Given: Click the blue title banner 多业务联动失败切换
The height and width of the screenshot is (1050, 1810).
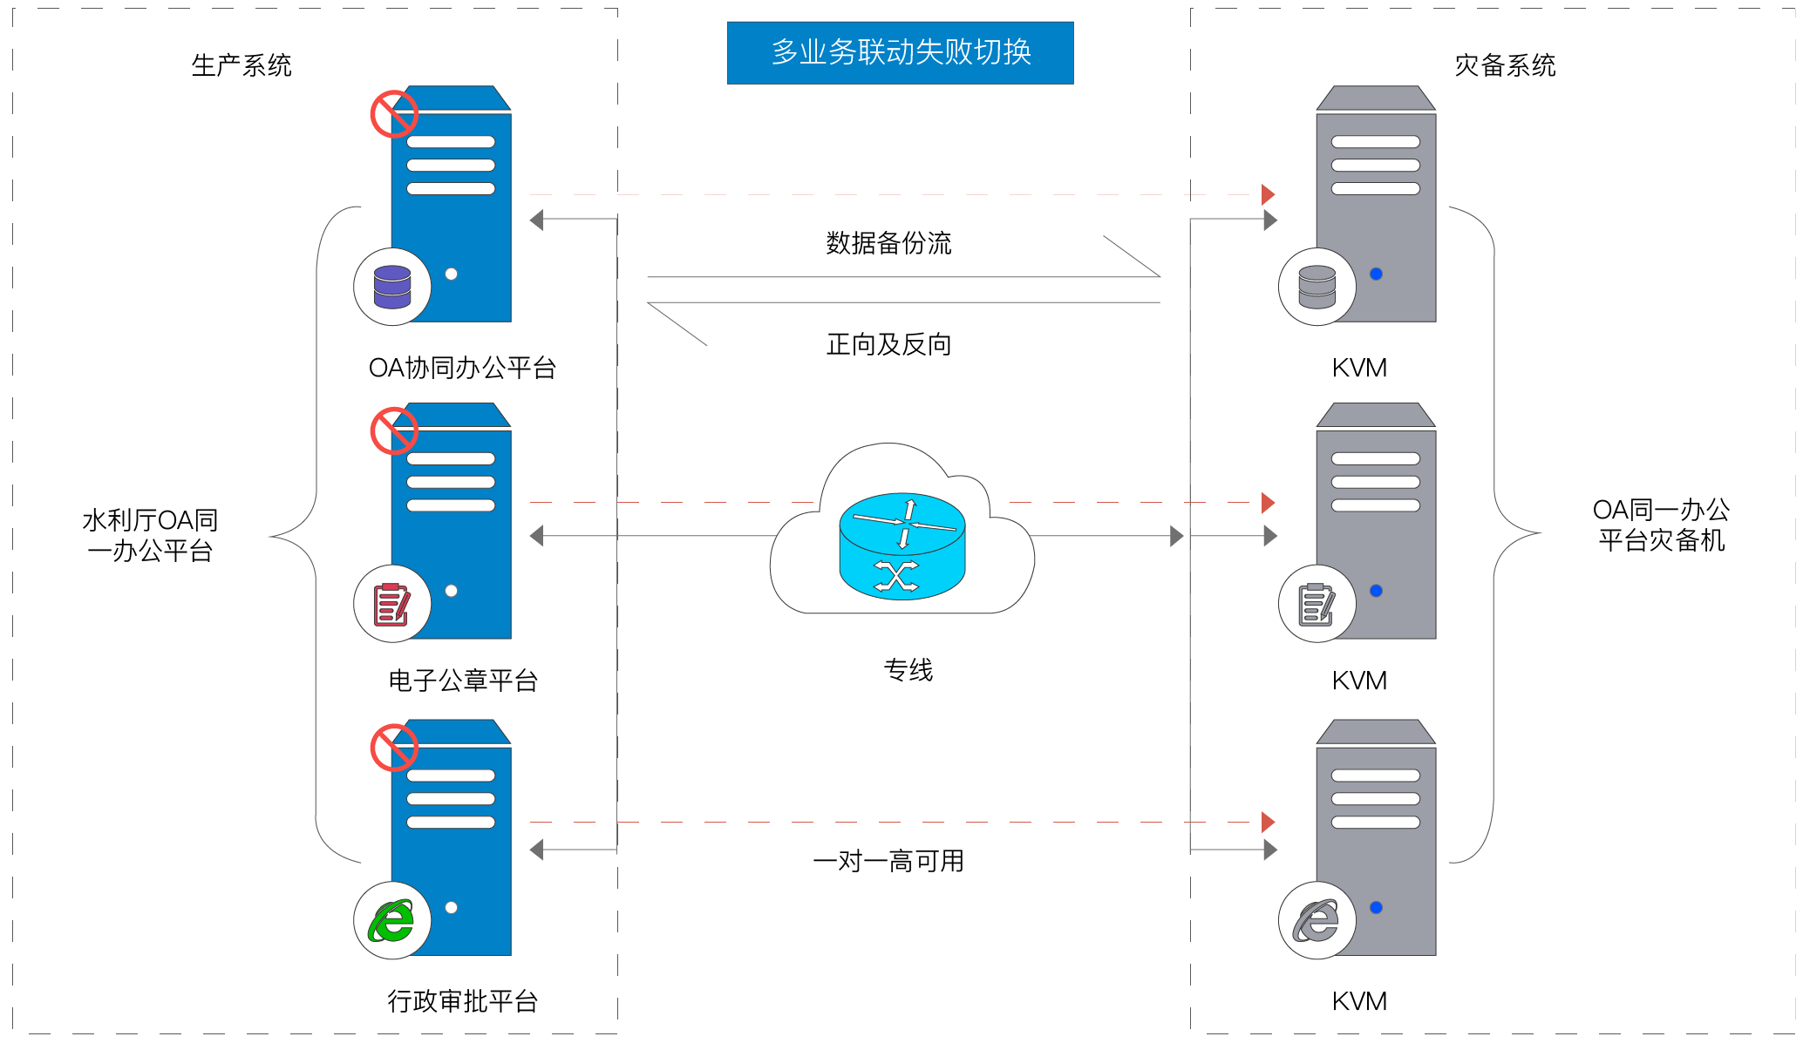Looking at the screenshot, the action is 900,53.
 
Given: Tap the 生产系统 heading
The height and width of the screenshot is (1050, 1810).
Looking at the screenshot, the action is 242,65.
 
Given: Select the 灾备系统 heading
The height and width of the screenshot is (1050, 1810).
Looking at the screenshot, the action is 1505,65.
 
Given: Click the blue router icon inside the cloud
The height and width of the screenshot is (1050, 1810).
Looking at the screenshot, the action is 902,546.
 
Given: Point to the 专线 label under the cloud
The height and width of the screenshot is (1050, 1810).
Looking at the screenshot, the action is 908,669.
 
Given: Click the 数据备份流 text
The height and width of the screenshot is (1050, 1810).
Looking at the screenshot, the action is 888,243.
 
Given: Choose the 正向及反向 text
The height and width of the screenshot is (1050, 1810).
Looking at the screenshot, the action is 888,344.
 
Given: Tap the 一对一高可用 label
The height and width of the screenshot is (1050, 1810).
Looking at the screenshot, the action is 888,861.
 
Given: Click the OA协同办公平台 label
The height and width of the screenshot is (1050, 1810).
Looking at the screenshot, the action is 462,368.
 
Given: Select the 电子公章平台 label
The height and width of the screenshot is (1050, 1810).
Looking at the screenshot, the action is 462,681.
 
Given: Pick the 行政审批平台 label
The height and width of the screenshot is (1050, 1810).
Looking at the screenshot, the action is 462,1001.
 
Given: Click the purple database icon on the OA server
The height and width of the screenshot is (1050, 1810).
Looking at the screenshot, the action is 392,287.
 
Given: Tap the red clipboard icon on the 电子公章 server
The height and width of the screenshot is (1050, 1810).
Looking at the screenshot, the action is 391,604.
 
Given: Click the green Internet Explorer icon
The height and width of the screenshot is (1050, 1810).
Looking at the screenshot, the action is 391,921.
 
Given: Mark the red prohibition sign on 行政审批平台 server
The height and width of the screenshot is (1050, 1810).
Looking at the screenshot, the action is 394,748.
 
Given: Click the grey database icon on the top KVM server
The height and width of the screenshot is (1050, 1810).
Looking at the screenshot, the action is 1317,287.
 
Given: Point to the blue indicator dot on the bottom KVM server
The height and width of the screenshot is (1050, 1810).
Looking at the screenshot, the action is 1376,907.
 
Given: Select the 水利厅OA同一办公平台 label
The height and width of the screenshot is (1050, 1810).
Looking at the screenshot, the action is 150,535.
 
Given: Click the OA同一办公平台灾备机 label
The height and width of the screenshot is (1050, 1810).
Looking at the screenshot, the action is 1661,525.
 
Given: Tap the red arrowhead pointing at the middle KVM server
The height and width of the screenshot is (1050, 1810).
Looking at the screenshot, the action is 1269,503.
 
